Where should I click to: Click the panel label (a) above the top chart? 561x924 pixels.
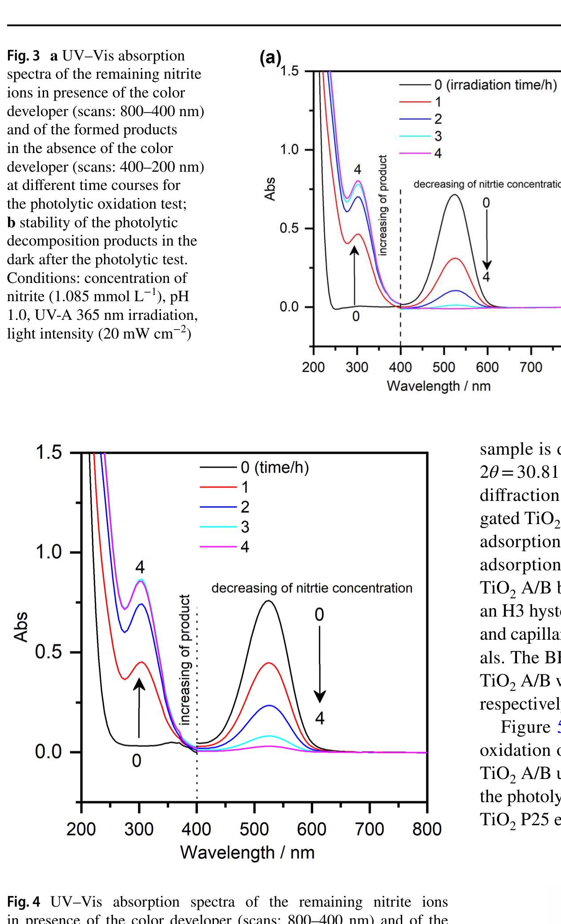[270, 57]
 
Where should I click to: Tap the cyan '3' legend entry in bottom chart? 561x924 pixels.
[244, 527]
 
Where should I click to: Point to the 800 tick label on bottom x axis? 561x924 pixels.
[427, 830]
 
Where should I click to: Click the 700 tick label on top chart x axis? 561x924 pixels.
[531, 367]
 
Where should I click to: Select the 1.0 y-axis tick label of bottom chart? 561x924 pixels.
[49, 553]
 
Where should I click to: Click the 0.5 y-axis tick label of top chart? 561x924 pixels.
[289, 229]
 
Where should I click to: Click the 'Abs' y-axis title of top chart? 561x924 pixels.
[270, 189]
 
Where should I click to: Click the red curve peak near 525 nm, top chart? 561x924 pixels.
[455, 258]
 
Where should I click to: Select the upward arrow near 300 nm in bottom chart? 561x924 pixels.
[139, 707]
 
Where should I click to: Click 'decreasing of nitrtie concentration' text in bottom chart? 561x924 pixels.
[311, 588]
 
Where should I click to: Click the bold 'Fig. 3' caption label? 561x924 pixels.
[23, 56]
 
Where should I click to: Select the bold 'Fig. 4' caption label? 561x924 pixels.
[23, 901]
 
